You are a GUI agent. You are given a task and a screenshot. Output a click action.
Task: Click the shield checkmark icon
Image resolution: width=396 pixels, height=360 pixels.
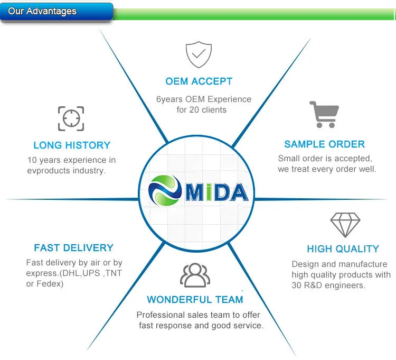pyautogui.click(x=199, y=54)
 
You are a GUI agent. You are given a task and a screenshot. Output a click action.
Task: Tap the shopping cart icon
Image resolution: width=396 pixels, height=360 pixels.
pyautogui.click(x=324, y=114)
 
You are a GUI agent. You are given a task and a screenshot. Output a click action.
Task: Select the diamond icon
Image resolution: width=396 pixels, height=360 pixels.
pyautogui.click(x=345, y=225)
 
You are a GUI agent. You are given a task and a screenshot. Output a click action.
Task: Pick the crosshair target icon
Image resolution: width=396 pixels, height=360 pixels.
pyautogui.click(x=71, y=118)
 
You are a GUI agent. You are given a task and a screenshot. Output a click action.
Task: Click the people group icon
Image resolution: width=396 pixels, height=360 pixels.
pyautogui.click(x=195, y=275)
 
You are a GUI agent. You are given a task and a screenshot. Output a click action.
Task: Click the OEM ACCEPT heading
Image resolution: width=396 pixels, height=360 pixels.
pyautogui.click(x=199, y=81)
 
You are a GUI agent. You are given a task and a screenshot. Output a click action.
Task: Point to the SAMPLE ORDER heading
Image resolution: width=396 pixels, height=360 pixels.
pyautogui.click(x=324, y=144)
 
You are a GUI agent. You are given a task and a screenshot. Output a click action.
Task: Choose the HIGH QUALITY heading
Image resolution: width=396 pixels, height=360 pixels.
pyautogui.click(x=343, y=249)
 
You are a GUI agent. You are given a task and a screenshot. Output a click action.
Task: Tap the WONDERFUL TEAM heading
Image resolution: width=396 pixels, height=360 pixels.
pyautogui.click(x=195, y=300)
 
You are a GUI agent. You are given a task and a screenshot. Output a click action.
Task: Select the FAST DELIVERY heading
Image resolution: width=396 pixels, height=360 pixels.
pyautogui.click(x=73, y=248)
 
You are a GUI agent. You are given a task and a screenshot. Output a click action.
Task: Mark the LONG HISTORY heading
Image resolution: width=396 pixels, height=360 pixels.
pyautogui.click(x=72, y=145)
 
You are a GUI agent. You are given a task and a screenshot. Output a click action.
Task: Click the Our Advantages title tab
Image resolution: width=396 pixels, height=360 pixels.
pyautogui.click(x=42, y=11)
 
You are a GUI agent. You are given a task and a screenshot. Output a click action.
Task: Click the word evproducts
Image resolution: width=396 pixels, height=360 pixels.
pyautogui.click(x=50, y=170)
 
